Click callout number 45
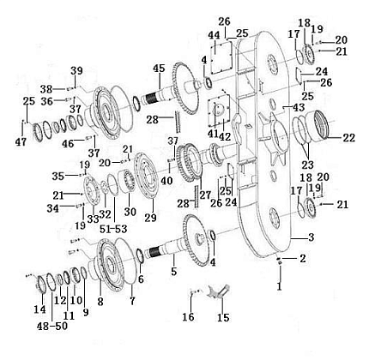click(x=159, y=69)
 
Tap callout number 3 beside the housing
click(x=311, y=237)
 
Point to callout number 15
click(x=223, y=317)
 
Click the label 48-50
click(x=52, y=326)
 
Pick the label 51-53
click(x=113, y=229)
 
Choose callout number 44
click(x=214, y=35)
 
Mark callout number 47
click(x=21, y=141)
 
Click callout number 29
click(x=150, y=218)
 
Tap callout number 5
click(x=174, y=271)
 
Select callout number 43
click(x=299, y=108)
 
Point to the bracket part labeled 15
click(x=219, y=292)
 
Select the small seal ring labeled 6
click(x=140, y=255)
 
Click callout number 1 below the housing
click(x=280, y=285)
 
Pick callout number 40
click(x=166, y=180)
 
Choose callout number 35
click(x=57, y=177)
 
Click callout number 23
click(x=307, y=165)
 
